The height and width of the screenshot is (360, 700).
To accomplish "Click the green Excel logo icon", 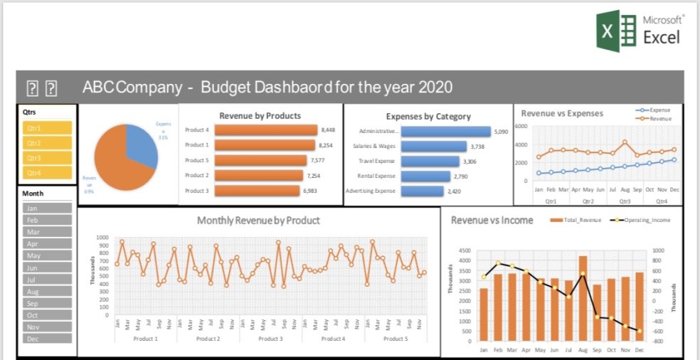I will pyautogui.click(x=617, y=31).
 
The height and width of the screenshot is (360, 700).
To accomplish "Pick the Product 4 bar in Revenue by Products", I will pyautogui.click(x=265, y=130).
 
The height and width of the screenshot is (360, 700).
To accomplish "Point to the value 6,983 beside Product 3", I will pyautogui.click(x=328, y=191).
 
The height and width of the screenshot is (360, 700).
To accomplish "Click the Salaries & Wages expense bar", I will pyautogui.click(x=433, y=147).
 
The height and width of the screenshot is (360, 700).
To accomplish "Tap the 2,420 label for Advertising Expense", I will pyautogui.click(x=455, y=191).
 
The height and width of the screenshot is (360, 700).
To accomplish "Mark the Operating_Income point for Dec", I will pyautogui.click(x=639, y=331).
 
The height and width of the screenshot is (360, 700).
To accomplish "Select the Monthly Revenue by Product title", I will pyautogui.click(x=258, y=221).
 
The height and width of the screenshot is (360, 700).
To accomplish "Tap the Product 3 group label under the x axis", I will pyautogui.click(x=270, y=339).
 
